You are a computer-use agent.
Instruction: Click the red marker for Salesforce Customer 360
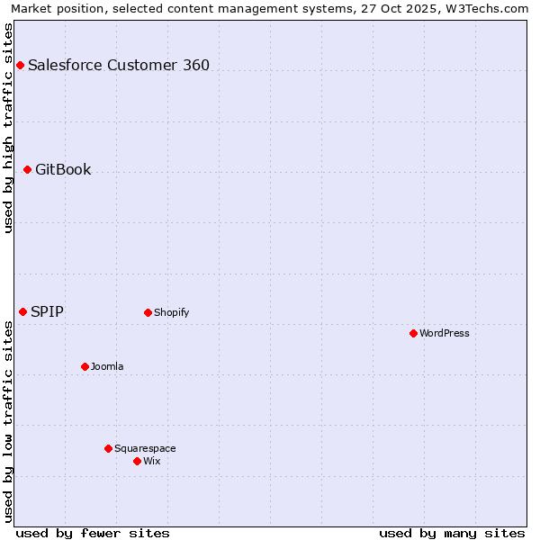point(20,65)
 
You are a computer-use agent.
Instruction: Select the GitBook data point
point(27,169)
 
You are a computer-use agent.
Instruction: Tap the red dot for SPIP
point(22,311)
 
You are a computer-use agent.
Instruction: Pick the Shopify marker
point(148,312)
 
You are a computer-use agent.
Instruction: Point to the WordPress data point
point(413,333)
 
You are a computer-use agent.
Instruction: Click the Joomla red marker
point(85,366)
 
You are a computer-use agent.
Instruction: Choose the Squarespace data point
point(108,448)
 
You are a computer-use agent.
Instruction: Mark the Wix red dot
point(137,461)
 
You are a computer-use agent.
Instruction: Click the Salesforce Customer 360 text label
point(119,65)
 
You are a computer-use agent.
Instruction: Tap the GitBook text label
point(63,169)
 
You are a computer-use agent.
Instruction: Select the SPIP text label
point(47,311)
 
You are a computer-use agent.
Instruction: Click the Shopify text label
point(171,312)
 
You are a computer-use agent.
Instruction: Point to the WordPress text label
point(445,333)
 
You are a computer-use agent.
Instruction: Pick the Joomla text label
point(107,366)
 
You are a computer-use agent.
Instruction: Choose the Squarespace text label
point(145,448)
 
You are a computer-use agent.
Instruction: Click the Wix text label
point(151,461)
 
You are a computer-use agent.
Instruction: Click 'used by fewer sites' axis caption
point(93,533)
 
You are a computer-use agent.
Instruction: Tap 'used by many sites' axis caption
point(452,533)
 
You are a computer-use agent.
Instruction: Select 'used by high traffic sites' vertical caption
point(8,128)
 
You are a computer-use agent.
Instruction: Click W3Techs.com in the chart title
point(486,8)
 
